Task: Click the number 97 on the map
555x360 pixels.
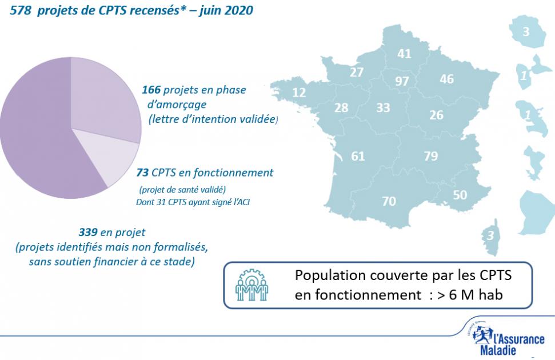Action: (402, 81)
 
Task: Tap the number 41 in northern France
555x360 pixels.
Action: (404, 54)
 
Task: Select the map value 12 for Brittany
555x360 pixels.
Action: (299, 93)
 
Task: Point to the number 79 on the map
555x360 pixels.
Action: (431, 156)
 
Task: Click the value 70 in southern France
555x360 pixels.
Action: (388, 201)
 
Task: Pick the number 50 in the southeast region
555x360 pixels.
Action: (460, 195)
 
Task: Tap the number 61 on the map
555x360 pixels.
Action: (358, 156)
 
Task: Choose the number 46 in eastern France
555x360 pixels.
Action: (446, 79)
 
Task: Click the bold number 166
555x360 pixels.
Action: (152, 90)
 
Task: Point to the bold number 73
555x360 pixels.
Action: (143, 172)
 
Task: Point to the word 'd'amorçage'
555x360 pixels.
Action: (177, 105)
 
